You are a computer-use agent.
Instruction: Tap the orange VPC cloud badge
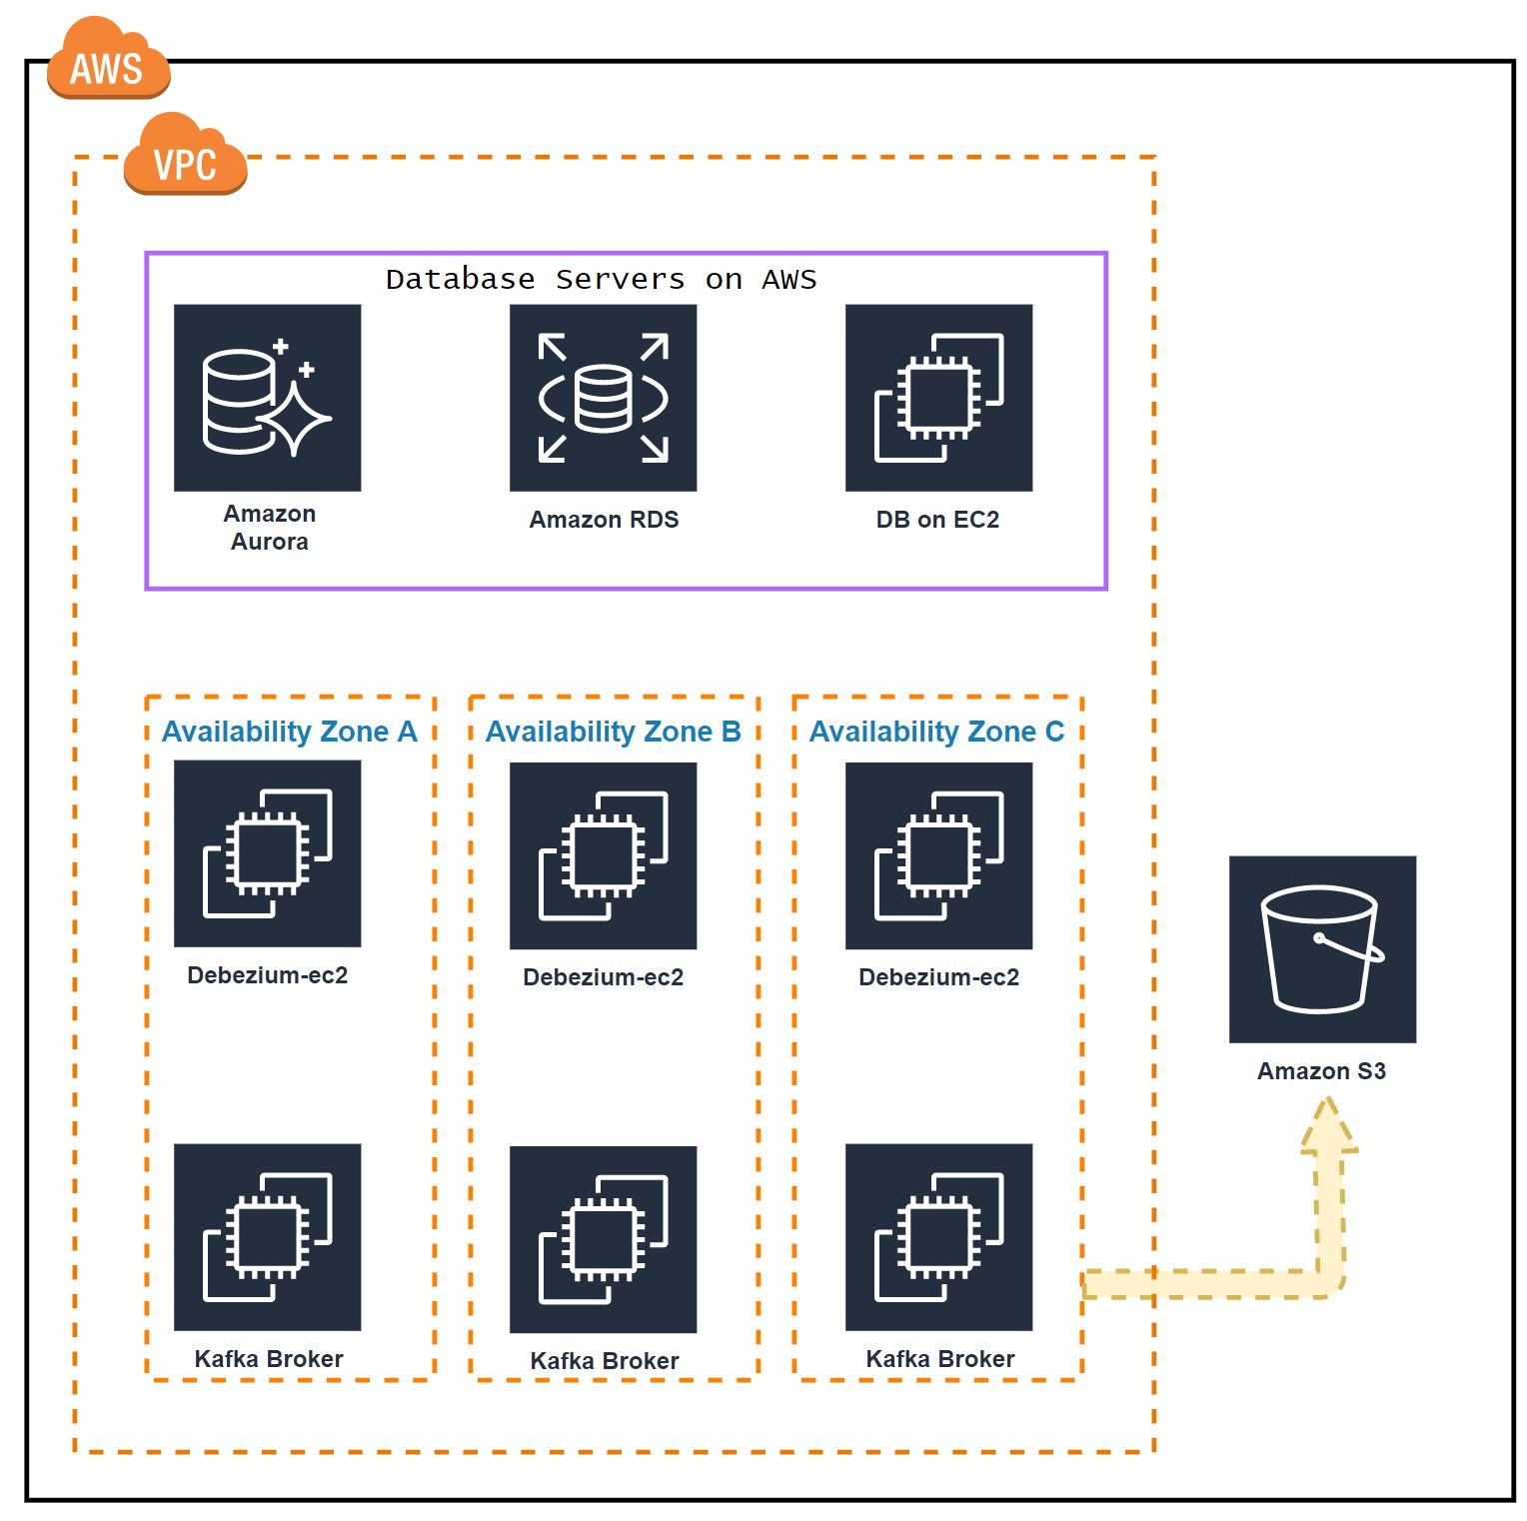[185, 157]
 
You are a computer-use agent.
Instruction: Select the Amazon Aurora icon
[267, 398]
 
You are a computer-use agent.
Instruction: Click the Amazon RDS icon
[603, 398]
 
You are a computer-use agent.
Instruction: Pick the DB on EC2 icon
[938, 398]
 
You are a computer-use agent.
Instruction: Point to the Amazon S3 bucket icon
[1322, 949]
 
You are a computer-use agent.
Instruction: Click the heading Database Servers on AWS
[601, 279]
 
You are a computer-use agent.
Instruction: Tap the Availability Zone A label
[289, 732]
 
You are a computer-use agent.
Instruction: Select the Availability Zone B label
[613, 732]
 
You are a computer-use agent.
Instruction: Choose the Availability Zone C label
[936, 732]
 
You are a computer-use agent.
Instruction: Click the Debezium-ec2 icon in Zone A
[267, 853]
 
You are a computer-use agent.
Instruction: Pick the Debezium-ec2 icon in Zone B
[603, 855]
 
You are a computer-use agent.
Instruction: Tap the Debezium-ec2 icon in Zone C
[938, 855]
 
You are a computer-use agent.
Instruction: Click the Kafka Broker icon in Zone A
[267, 1237]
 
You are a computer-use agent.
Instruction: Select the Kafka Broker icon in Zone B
[603, 1239]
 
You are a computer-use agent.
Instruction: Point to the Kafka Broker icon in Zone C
[938, 1237]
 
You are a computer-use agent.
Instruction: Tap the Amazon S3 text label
[1321, 1071]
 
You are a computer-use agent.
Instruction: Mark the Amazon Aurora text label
[269, 528]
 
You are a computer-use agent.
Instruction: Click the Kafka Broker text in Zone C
[939, 1359]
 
